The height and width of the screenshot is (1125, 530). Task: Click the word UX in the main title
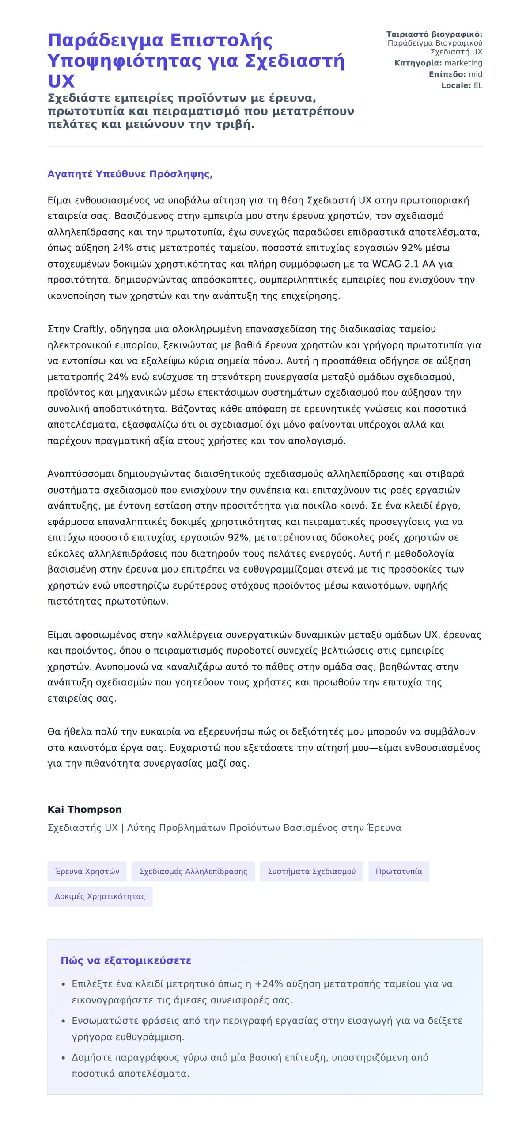tap(61, 81)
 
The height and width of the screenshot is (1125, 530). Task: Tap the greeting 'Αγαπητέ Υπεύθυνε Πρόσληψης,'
tap(130, 174)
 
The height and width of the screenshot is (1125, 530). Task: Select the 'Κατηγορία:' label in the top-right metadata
tap(418, 63)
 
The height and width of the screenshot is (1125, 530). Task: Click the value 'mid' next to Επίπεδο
tap(475, 74)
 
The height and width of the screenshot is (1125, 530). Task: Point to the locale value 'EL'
tap(478, 86)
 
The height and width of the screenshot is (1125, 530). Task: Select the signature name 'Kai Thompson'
tap(84, 810)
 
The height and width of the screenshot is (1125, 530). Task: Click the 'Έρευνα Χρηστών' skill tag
tap(87, 872)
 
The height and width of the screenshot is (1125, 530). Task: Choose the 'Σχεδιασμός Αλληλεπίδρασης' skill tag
tap(193, 872)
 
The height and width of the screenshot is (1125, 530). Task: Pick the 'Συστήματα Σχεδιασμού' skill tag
tap(311, 872)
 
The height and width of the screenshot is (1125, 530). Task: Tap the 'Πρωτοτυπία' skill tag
tap(398, 872)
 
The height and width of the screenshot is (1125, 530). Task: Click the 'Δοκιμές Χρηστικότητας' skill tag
tap(100, 896)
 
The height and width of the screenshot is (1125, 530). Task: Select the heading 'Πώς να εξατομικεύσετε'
tap(126, 961)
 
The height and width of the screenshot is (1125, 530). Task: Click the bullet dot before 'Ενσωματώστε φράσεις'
tap(64, 1021)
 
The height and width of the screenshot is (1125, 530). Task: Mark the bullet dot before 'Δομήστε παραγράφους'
tap(64, 1058)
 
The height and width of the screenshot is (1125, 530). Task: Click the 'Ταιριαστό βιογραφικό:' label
tap(434, 34)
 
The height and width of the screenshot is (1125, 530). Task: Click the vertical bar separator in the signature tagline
tap(122, 828)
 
